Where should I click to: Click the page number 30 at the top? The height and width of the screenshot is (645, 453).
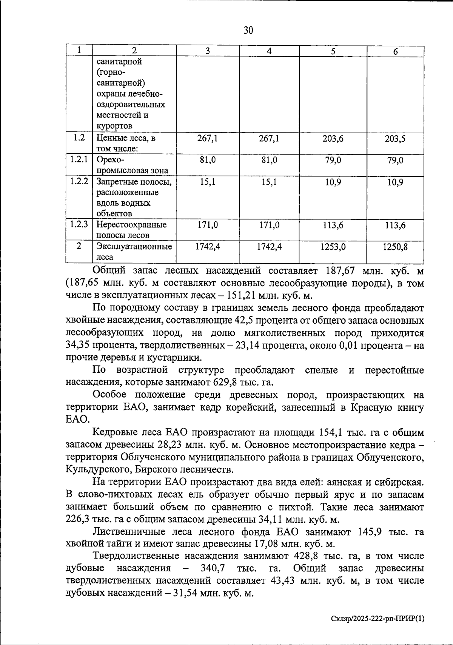tap(248, 30)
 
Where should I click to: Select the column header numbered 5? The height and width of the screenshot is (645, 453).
tap(333, 51)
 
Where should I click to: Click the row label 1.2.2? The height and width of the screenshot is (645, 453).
tap(79, 181)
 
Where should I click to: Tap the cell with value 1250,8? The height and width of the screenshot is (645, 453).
tap(395, 247)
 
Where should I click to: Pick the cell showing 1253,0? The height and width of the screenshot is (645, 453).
tap(333, 247)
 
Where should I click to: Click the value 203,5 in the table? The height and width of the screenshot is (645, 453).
tap(395, 139)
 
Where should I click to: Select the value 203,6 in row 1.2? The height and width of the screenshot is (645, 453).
tap(333, 139)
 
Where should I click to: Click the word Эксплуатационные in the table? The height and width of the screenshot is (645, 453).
tap(134, 247)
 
